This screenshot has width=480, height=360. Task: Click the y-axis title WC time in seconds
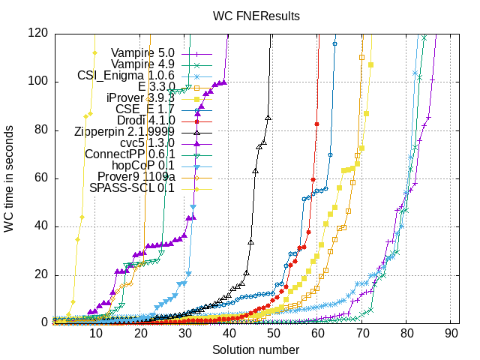tap(9, 178)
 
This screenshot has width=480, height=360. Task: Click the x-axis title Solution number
tap(256, 350)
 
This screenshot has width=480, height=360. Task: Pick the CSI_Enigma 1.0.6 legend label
tap(126, 76)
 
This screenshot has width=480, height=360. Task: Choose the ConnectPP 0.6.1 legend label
tap(130, 154)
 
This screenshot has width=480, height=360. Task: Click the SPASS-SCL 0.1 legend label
tap(136, 188)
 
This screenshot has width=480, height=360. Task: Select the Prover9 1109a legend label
tap(134, 177)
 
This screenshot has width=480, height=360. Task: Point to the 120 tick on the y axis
tap(38, 33)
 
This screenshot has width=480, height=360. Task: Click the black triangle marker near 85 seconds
tap(268, 118)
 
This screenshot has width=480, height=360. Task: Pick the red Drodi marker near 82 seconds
tap(316, 124)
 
